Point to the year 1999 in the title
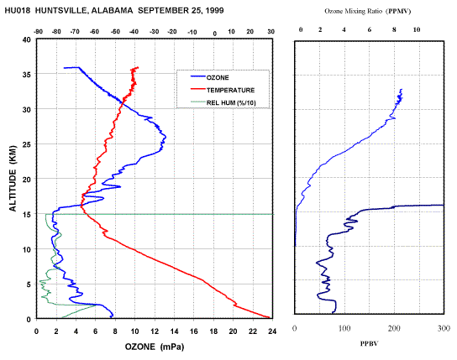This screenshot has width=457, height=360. point(214,11)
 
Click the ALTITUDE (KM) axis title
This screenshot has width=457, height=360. point(13,179)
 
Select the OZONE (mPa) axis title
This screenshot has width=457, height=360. point(155,347)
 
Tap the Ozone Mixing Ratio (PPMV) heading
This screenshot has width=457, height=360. point(368,12)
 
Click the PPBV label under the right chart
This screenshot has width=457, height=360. point(370,344)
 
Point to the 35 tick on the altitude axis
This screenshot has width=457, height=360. point(27,75)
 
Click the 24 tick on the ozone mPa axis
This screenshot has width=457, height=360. point(272,331)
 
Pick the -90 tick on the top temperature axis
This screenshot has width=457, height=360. point(38,32)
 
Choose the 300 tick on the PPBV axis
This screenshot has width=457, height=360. point(444,328)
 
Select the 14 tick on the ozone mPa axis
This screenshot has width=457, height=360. point(174,331)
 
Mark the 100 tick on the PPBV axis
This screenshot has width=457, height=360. point(344,328)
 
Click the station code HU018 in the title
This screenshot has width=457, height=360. point(17,11)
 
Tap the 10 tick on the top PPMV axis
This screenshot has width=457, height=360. point(417,29)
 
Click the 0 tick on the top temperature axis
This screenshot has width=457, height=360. point(215,34)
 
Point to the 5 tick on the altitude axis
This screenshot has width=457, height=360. point(29,284)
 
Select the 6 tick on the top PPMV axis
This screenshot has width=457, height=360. point(370,29)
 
